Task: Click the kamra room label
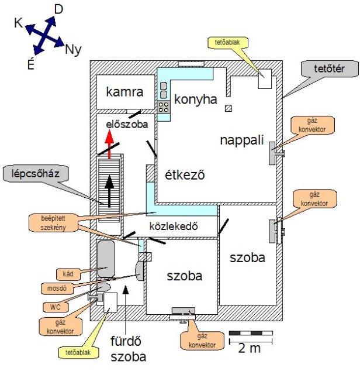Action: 124,92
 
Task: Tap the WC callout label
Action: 55,307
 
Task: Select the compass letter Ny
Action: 73,49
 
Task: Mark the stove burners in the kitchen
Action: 164,107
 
